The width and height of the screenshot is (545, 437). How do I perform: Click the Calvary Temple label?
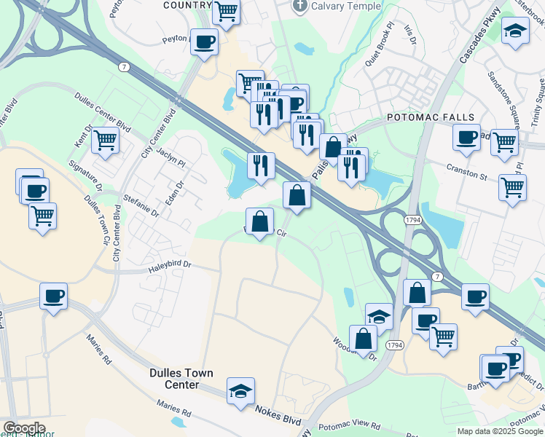click(346, 7)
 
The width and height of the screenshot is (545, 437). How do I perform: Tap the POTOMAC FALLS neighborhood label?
click(431, 117)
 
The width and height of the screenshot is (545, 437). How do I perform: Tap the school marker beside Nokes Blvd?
click(240, 392)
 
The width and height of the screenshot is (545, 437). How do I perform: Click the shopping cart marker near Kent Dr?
click(106, 139)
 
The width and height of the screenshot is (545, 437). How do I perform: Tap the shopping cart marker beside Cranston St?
click(513, 186)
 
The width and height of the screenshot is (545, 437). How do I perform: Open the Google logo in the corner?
click(23, 429)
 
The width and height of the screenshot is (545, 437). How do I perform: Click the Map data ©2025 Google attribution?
click(499, 431)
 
